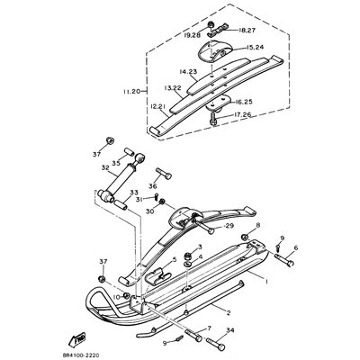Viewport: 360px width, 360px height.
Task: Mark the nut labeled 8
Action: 231,225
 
